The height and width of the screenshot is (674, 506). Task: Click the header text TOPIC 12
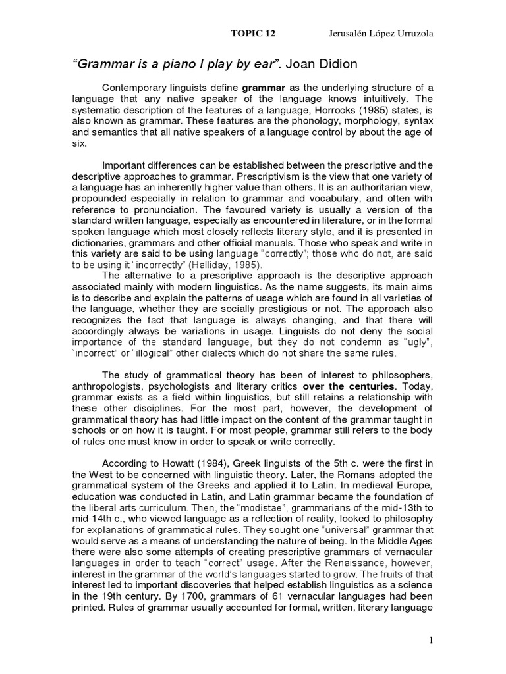point(252,33)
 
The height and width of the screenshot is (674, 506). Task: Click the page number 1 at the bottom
point(432,642)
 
